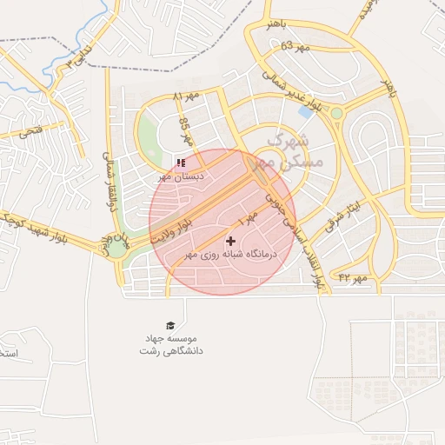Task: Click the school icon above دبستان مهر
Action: [180, 162]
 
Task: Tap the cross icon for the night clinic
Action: [230, 241]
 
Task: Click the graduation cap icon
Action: [170, 325]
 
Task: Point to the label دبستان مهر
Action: [181, 176]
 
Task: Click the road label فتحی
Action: [30, 132]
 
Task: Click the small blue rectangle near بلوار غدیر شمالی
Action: [306, 111]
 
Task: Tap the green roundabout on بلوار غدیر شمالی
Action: [336, 112]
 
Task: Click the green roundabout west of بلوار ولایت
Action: [116, 248]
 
